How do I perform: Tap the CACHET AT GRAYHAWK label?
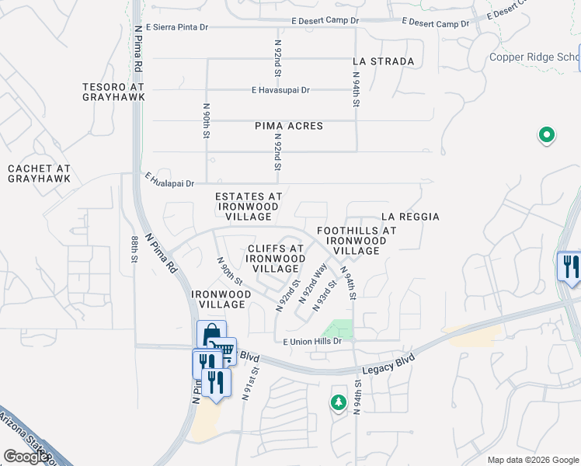(39, 173)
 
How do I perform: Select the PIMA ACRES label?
(288, 126)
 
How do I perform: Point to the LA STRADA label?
(383, 61)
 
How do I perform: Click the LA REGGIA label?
(410, 217)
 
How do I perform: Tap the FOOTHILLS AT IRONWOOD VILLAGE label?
(357, 240)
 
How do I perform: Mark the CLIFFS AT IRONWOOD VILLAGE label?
(276, 259)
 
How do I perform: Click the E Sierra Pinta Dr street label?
(176, 27)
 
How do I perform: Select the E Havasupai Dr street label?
(280, 90)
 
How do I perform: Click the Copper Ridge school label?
(534, 57)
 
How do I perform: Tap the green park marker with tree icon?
(338, 402)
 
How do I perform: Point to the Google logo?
(26, 457)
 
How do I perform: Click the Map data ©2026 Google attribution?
(533, 460)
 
